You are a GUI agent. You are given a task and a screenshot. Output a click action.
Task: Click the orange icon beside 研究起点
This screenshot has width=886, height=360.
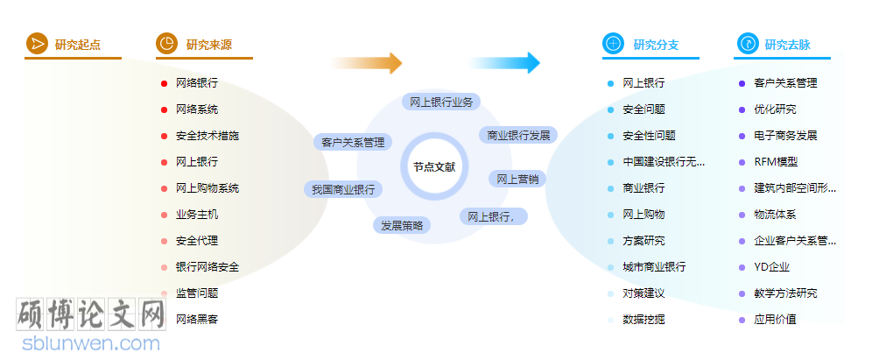coord(36,44)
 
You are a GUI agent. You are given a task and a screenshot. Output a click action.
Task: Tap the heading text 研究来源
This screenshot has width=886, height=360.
coord(209,45)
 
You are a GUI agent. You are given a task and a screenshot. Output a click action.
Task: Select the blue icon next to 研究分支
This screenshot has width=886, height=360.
coord(613,44)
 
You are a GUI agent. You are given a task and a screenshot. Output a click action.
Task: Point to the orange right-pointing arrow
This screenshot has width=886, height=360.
coord(366,63)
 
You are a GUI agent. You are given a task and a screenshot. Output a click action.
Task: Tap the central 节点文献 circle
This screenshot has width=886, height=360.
coord(434,166)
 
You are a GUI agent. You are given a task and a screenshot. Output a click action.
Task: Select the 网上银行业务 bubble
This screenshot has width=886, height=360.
coord(441,102)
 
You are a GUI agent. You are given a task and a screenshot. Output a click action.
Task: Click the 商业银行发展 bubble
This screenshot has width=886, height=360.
coord(518,135)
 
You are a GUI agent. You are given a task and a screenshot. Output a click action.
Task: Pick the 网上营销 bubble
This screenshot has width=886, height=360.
coord(517,179)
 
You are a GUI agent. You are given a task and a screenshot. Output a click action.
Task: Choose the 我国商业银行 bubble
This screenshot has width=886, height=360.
coord(341,189)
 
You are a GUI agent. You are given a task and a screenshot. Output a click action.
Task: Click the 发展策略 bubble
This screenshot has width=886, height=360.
coord(403,225)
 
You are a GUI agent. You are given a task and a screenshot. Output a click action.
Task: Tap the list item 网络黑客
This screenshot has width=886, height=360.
coord(197,320)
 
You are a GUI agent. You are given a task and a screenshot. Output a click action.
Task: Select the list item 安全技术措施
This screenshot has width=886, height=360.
coord(207,136)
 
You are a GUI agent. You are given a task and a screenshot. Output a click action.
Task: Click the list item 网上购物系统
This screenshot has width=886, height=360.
coord(207,188)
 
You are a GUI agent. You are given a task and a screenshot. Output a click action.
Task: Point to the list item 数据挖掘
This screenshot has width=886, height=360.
coord(643,320)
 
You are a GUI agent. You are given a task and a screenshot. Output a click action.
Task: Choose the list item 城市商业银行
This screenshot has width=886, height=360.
coord(654,267)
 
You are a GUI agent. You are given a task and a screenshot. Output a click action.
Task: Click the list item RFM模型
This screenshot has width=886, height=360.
coord(776,162)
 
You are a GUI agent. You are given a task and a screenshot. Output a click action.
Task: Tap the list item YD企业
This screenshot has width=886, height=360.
coord(771,267)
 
